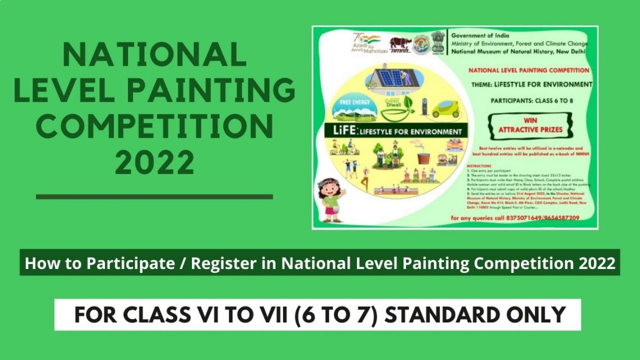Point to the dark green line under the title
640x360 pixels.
[x=154, y=197]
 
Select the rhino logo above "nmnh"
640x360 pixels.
[x=400, y=43]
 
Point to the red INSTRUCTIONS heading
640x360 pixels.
[x=478, y=166]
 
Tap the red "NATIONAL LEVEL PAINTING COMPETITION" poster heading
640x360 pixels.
[x=528, y=70]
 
